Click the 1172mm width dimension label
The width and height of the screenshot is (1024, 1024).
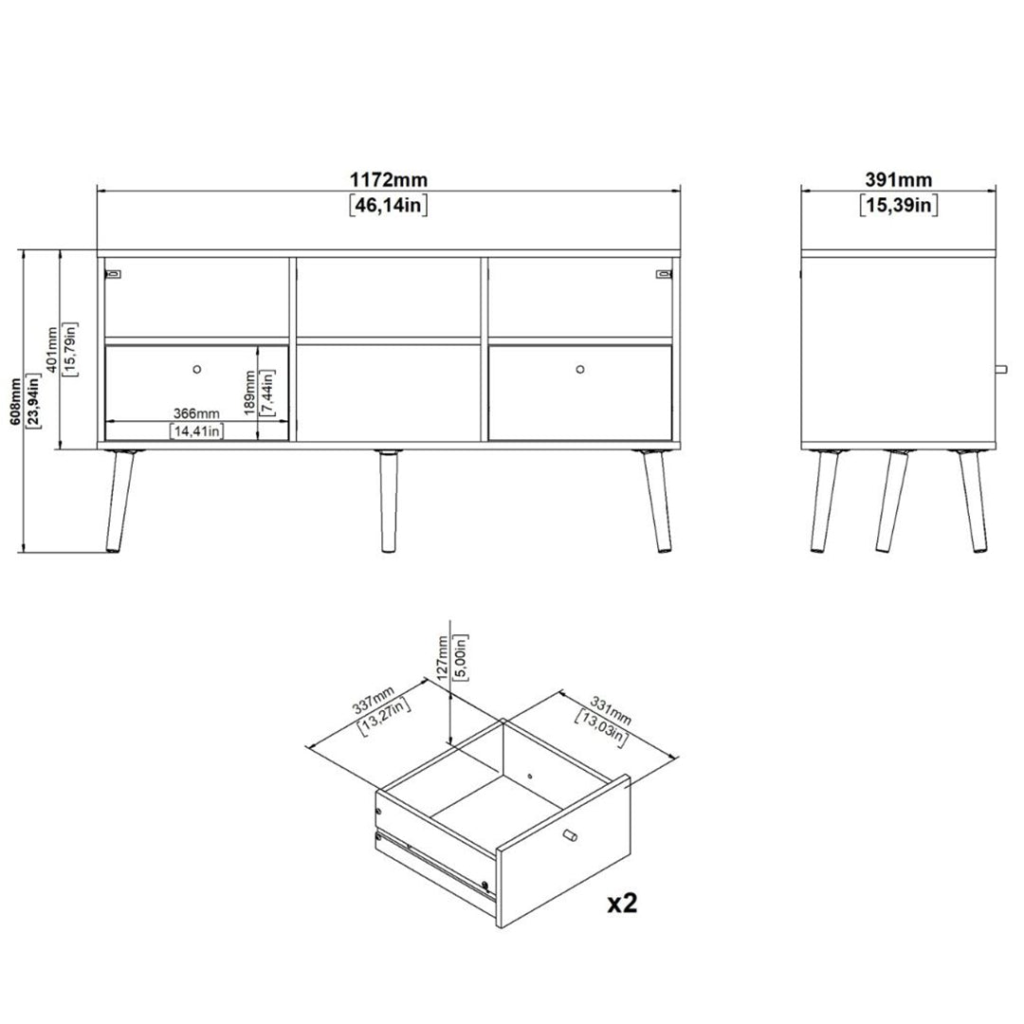[389, 179]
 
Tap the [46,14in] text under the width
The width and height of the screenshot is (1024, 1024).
[389, 205]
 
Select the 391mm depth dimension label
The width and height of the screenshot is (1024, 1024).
[899, 179]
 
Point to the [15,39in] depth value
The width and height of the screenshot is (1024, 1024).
[899, 205]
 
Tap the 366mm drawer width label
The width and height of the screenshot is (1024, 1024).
[196, 413]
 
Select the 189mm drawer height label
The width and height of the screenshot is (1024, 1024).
[248, 393]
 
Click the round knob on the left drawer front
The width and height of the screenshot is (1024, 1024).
[197, 370]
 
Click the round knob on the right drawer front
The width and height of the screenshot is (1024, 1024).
[580, 370]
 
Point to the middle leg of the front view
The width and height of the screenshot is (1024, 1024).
[389, 502]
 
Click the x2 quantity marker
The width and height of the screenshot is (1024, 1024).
[622, 904]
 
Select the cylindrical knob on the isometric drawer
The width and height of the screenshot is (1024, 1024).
[570, 835]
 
